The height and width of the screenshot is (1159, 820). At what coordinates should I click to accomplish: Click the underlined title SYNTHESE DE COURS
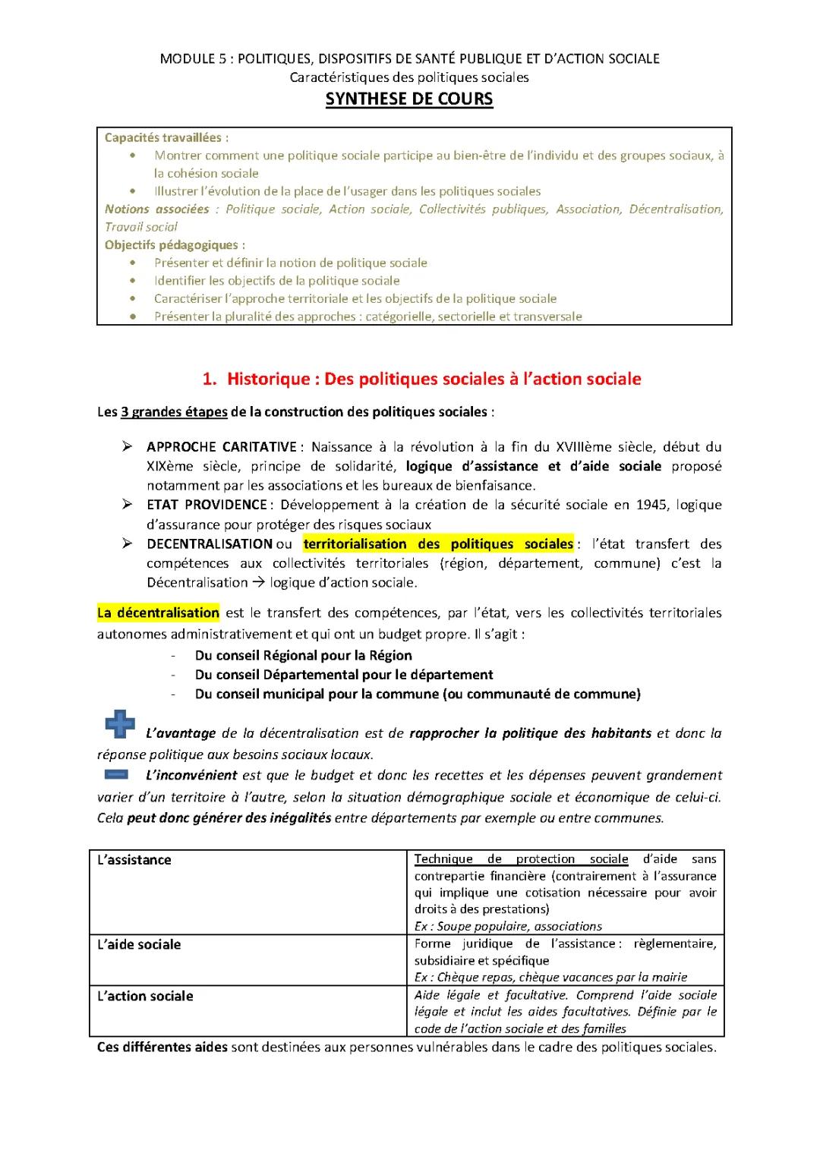[x=409, y=99]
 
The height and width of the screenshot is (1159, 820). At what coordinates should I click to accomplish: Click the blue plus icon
[x=120, y=725]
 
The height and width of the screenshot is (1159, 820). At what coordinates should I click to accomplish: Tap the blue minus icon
[x=118, y=774]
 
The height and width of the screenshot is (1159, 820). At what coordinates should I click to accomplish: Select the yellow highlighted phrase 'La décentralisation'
[x=159, y=613]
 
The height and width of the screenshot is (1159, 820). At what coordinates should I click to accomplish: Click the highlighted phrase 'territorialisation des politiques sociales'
[x=438, y=543]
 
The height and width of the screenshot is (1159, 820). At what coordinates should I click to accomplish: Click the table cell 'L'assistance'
[x=134, y=860]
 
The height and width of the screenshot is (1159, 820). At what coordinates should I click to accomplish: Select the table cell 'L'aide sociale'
[x=139, y=944]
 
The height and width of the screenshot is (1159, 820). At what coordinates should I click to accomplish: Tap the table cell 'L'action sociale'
[x=145, y=996]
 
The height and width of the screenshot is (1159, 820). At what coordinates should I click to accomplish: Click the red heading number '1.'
[x=210, y=379]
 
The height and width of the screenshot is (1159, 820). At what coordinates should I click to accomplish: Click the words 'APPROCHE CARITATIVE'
[x=222, y=446]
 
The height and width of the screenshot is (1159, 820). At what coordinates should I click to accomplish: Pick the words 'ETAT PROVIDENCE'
[x=207, y=505]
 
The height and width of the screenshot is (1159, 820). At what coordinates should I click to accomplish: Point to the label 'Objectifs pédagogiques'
[x=172, y=244]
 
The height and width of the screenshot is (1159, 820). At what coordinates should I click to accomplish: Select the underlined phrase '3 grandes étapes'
[x=174, y=412]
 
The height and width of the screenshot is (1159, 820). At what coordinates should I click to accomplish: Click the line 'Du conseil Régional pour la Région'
[x=303, y=655]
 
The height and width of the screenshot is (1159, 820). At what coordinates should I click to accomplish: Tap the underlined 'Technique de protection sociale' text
[x=521, y=859]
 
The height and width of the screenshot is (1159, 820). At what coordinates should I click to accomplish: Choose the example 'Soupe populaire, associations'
[x=519, y=926]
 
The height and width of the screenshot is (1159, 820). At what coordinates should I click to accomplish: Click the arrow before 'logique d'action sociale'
[x=258, y=583]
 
